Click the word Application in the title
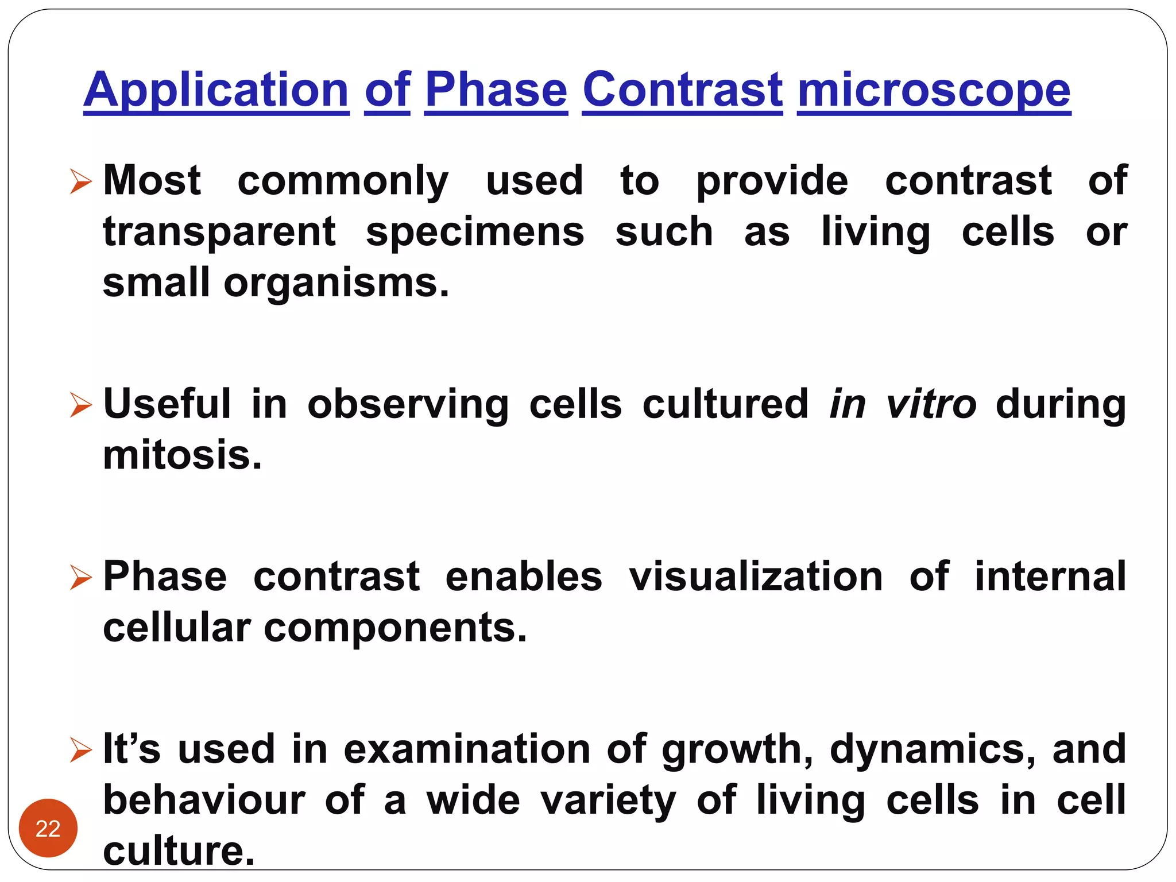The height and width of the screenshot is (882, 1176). click(x=216, y=90)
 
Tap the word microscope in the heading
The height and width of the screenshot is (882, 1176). click(x=934, y=90)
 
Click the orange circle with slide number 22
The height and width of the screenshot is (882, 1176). click(x=48, y=828)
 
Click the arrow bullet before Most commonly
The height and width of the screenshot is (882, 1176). click(x=80, y=182)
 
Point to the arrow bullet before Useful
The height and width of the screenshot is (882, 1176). click(x=80, y=405)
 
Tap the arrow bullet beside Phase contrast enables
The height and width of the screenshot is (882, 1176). click(x=80, y=578)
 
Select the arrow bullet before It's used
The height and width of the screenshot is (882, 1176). click(x=80, y=750)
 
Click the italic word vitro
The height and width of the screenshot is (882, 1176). click(x=930, y=404)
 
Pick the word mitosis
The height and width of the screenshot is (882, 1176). click(x=182, y=455)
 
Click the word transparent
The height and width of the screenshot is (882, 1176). click(x=219, y=233)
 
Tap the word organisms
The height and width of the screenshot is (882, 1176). click(x=336, y=283)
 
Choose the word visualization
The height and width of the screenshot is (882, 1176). click(x=756, y=577)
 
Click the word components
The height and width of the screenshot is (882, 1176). click(x=394, y=628)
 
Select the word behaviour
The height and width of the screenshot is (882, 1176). click(x=204, y=800)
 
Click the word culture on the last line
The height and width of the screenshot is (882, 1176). click(x=178, y=851)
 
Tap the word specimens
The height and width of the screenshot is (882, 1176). click(x=475, y=233)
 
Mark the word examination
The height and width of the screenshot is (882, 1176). click(x=467, y=749)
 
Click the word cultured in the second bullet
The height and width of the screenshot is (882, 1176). click(x=725, y=404)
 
